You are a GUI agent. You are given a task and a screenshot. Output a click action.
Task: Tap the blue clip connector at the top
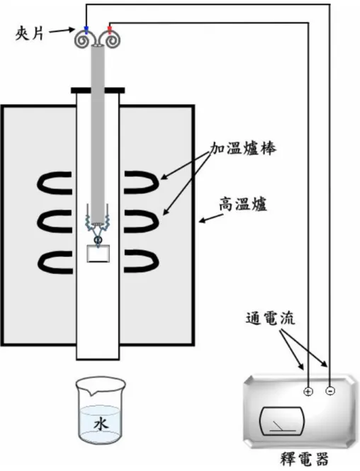86,30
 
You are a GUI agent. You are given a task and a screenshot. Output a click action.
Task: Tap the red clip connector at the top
110,30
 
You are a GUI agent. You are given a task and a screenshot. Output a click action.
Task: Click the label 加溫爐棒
243,149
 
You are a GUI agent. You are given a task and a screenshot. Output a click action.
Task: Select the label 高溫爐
243,205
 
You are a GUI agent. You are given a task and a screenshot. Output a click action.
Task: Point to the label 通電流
271,319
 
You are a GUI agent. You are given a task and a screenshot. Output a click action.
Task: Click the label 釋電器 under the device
305,459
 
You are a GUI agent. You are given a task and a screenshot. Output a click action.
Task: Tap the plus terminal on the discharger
308,392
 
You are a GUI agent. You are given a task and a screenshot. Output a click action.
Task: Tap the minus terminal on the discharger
330,391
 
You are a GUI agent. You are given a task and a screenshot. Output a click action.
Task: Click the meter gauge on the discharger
281,421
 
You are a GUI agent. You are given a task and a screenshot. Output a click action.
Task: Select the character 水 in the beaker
101,425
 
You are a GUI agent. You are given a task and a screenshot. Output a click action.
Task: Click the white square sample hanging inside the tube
99,254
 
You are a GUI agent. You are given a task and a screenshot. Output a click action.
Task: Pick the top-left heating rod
55,182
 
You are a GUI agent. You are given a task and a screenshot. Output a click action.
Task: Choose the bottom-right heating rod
141,261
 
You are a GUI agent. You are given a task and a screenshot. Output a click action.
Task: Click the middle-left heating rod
55,222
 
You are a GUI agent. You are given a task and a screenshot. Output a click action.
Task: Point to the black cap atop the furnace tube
98,90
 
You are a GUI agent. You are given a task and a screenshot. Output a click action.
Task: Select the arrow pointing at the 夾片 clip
62,30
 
